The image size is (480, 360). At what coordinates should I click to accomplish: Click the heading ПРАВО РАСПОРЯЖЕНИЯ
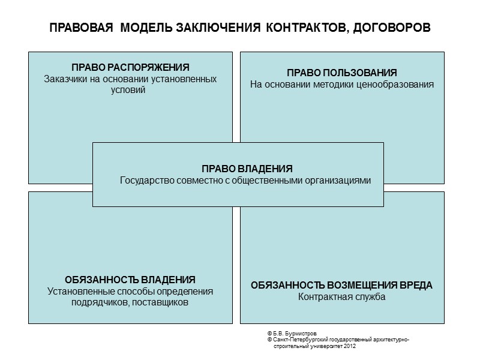click(130, 67)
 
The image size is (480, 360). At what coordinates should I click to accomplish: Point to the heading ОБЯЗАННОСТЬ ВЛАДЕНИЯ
click(130, 280)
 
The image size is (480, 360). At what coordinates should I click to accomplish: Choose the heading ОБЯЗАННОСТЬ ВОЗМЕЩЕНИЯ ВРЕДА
click(341, 285)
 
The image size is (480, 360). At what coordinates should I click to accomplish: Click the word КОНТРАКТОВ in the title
click(304, 28)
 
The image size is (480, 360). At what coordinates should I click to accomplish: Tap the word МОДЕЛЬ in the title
click(146, 28)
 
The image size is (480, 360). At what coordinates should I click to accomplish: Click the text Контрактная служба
click(341, 297)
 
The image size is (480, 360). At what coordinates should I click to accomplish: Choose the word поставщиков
click(163, 303)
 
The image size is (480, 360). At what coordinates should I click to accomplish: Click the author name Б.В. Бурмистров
click(295, 334)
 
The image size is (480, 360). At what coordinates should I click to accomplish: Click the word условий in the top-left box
click(130, 90)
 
